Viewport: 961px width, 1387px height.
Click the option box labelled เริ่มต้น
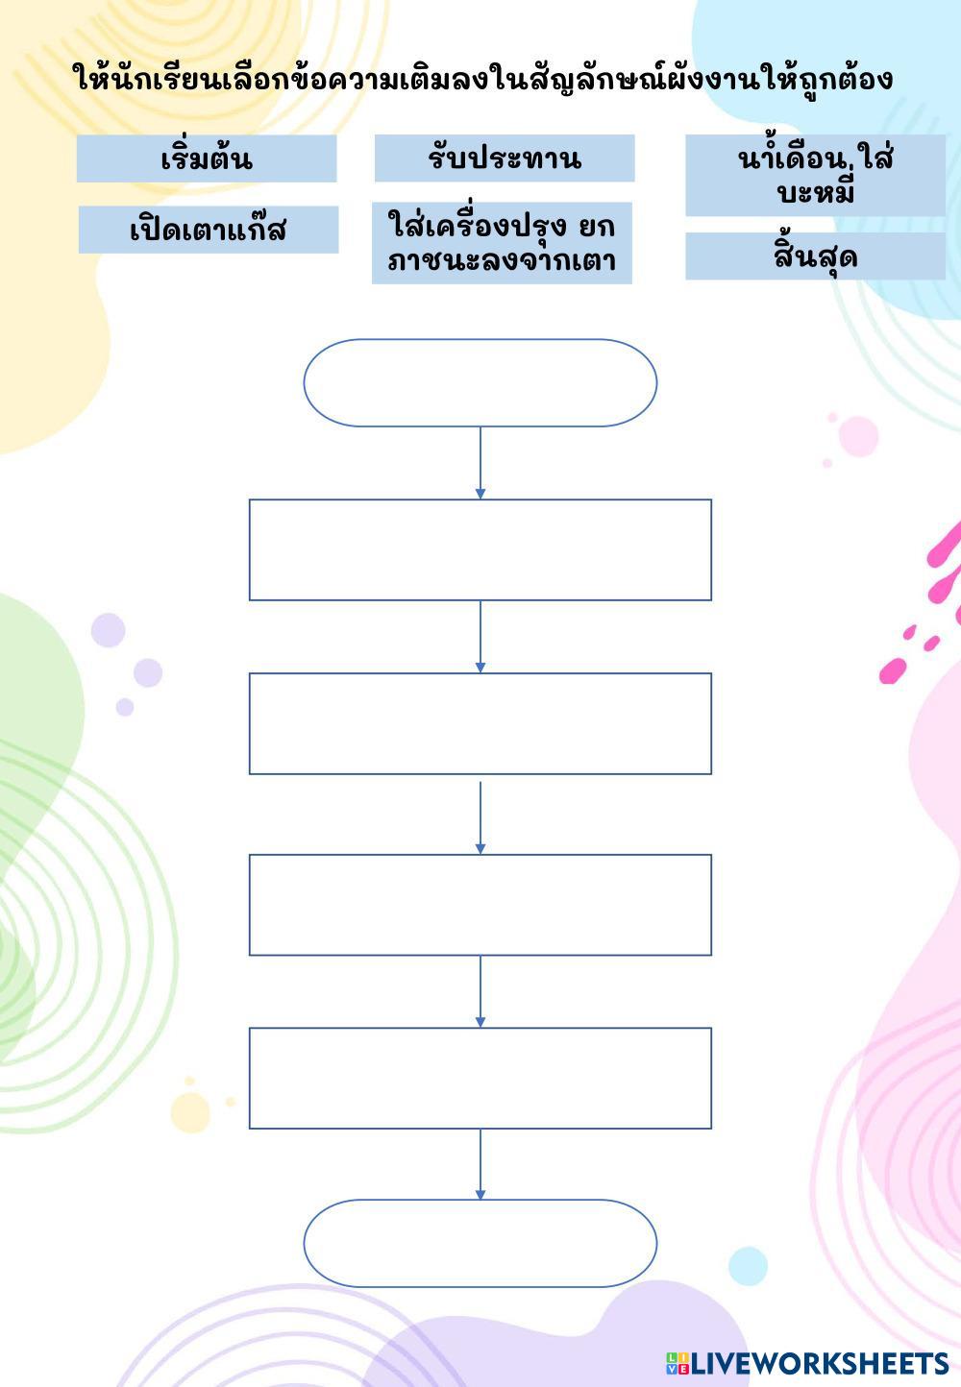pyautogui.click(x=207, y=158)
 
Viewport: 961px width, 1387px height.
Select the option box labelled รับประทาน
pyautogui.click(x=505, y=158)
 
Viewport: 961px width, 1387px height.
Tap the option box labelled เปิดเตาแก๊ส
pyautogui.click(x=209, y=230)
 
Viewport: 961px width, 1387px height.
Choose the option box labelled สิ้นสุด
pyautogui.click(x=815, y=256)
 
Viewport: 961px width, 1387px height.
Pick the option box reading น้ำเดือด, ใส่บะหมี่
pyautogui.click(x=815, y=176)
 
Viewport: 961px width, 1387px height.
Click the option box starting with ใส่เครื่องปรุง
pyautogui.click(x=502, y=243)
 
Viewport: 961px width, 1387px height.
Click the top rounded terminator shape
pyautogui.click(x=480, y=382)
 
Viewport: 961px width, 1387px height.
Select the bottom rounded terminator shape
pyautogui.click(x=480, y=1243)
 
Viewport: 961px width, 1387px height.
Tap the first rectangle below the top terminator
pyautogui.click(x=480, y=549)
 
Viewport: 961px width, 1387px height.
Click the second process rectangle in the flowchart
pyautogui.click(x=480, y=723)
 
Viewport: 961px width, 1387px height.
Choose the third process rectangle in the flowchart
pyautogui.click(x=480, y=905)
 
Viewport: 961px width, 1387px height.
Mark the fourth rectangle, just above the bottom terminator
pyautogui.click(x=480, y=1078)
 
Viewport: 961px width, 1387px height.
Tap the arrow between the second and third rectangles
pyautogui.click(x=480, y=816)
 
